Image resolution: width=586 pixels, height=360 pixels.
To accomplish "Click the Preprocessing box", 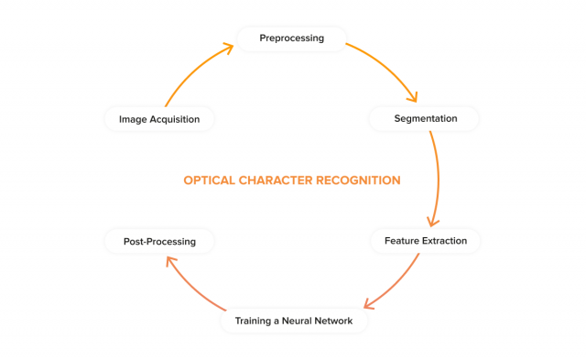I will click(x=292, y=38).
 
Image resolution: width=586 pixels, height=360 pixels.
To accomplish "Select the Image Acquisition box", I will click(x=159, y=119).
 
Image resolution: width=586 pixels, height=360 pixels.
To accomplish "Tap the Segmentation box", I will click(x=425, y=119).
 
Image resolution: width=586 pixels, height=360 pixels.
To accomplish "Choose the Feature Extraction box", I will click(x=425, y=241).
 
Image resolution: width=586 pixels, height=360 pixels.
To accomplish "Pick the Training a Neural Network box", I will click(x=293, y=321).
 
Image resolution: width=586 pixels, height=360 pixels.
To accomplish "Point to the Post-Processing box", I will click(x=159, y=242).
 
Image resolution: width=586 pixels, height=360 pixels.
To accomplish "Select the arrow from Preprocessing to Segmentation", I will click(x=388, y=68).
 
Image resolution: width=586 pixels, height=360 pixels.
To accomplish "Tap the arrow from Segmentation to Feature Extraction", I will click(x=439, y=179).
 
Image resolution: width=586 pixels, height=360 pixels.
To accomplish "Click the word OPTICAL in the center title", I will click(x=208, y=180).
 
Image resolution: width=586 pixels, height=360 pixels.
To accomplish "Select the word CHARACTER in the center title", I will click(x=274, y=180).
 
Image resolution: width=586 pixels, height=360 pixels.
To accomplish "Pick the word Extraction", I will click(x=444, y=241).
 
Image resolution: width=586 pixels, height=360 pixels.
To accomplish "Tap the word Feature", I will click(x=401, y=241).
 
